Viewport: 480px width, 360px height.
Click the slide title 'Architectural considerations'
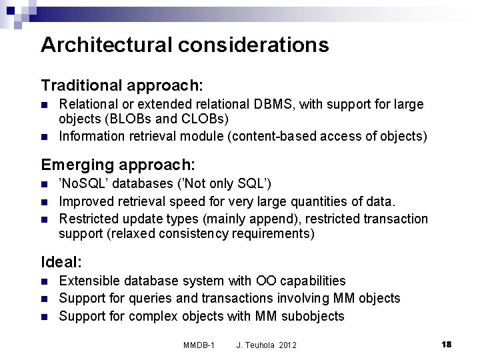(185, 45)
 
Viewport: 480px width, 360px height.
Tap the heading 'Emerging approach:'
(118, 164)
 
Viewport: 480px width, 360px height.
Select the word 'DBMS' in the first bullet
(274, 105)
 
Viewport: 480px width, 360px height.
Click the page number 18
(447, 344)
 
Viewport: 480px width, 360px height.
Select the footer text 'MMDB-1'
(198, 345)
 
